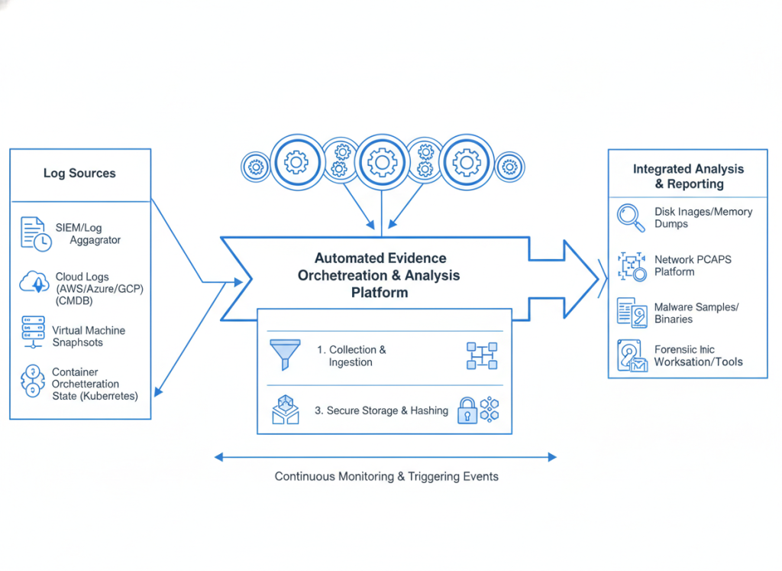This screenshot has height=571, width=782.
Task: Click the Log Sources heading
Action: [x=79, y=174]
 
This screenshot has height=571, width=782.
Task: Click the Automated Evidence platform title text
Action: [x=380, y=275]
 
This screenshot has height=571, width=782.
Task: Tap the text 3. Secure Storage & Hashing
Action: [x=381, y=410]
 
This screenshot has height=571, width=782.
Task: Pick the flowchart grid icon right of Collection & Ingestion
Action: [x=480, y=355]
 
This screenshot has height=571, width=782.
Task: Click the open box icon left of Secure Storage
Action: [x=285, y=410]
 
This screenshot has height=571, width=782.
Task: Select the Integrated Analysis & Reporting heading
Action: [x=688, y=177]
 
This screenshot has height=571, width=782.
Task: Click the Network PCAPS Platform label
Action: [x=693, y=265]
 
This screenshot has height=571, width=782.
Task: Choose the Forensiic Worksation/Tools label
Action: [x=697, y=355]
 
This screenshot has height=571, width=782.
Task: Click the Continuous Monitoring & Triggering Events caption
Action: [x=386, y=477]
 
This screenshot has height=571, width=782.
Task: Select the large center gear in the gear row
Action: [x=380, y=162]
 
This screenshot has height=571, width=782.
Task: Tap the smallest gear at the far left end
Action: [x=255, y=167]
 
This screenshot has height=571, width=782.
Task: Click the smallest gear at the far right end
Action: [x=509, y=167]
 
